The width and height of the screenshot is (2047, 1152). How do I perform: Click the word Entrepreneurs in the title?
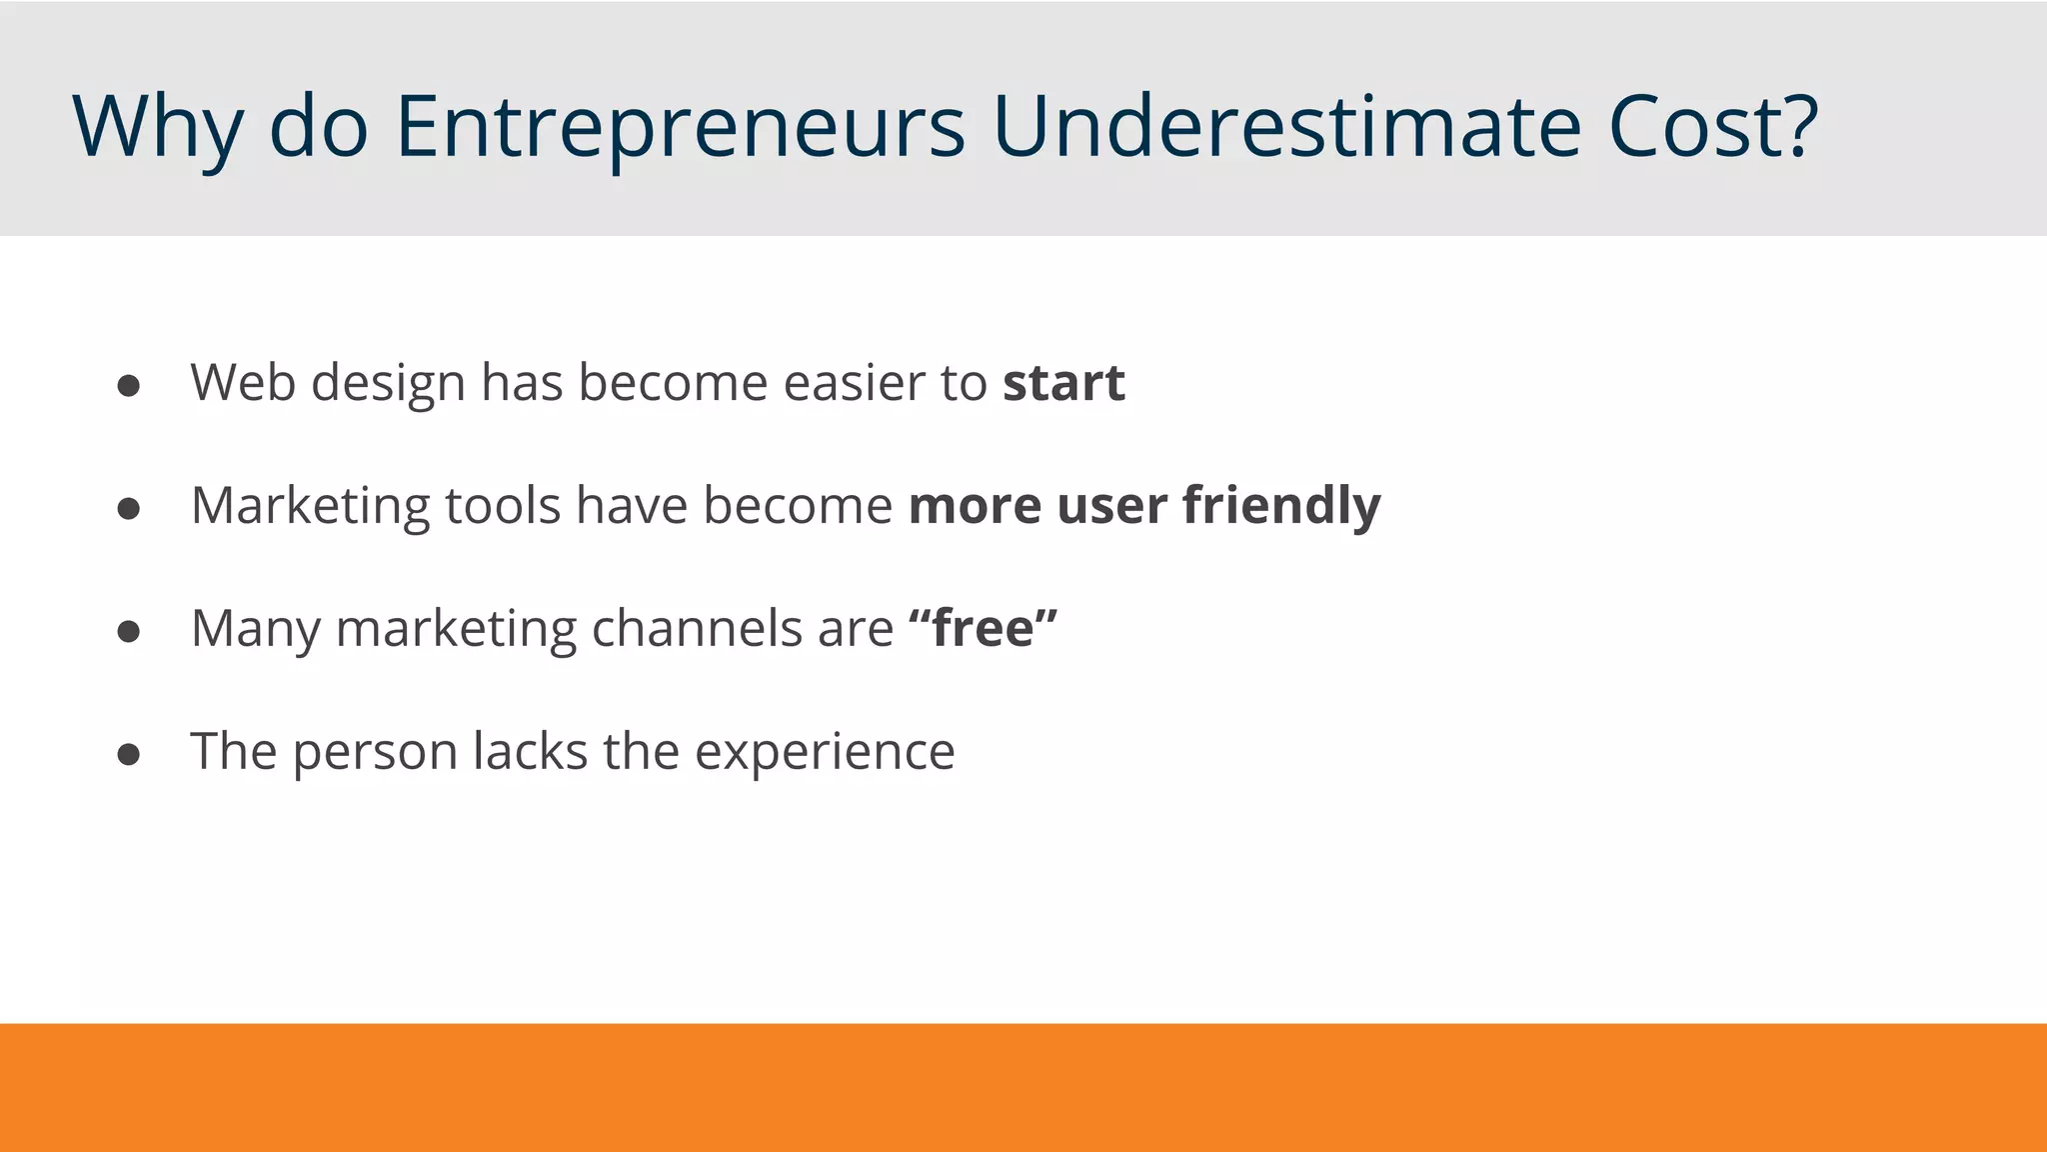coord(680,127)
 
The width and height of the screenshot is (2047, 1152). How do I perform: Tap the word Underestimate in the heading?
coord(1286,127)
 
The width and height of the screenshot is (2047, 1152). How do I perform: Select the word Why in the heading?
coord(157,127)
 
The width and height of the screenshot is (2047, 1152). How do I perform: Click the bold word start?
coord(1063,383)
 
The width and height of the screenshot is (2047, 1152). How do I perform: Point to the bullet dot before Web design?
coord(128,386)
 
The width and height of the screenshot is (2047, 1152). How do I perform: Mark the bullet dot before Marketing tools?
coord(128,509)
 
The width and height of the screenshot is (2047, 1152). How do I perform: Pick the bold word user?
coord(1111,506)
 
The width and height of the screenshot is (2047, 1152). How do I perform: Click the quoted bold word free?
coord(983,629)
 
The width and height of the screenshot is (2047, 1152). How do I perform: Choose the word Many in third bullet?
coord(255,629)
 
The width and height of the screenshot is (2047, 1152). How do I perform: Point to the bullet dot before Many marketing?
coord(128,632)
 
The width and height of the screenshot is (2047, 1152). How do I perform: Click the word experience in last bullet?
coord(825,752)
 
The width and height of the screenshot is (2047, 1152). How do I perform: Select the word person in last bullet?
coord(375,752)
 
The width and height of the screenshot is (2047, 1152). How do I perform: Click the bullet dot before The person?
coord(128,755)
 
